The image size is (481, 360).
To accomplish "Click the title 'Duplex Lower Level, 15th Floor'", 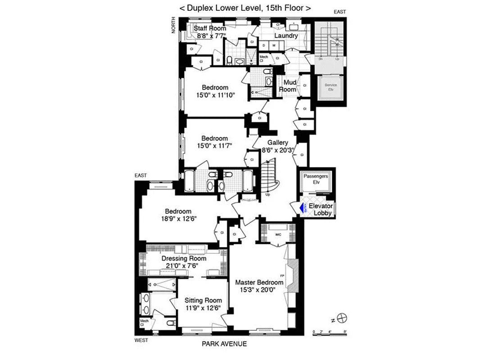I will coord(245,8).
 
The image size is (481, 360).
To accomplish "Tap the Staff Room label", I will coord(210,28).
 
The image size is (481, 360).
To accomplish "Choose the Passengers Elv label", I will coord(315,179).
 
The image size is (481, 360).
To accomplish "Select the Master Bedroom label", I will coord(259,282).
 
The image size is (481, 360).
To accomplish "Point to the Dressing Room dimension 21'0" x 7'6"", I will coord(184,265).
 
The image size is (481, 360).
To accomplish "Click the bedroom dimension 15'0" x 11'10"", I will coord(215,95).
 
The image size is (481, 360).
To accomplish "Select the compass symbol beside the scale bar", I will coord(343,317).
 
